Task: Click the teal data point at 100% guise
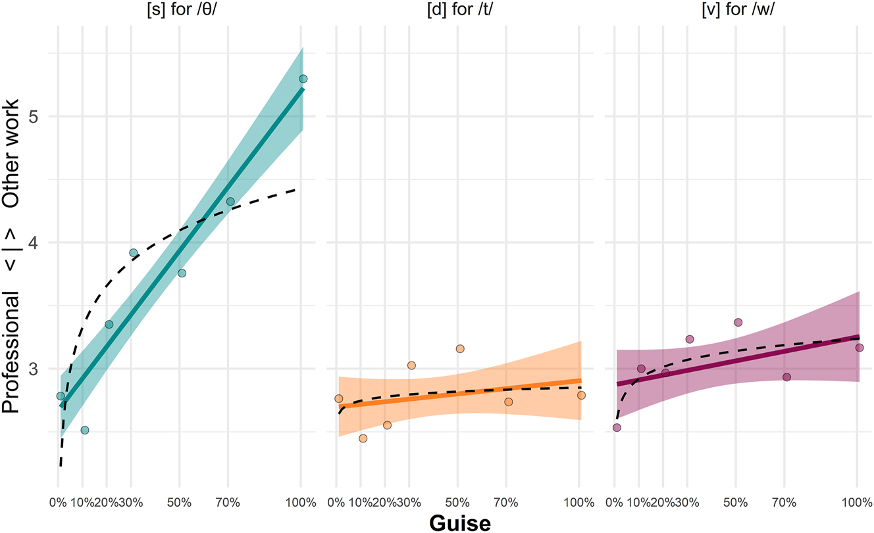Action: (303, 79)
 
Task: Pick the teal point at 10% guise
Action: (84, 430)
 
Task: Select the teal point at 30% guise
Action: (133, 252)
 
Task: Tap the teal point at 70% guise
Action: (230, 202)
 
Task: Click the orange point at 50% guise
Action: (459, 348)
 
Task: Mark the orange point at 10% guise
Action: (363, 438)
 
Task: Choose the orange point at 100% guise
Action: (581, 395)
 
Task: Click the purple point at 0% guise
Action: (617, 427)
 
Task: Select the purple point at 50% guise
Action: (738, 322)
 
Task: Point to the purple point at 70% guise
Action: (786, 377)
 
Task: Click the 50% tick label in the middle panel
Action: (458, 502)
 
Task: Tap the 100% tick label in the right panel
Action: (856, 502)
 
